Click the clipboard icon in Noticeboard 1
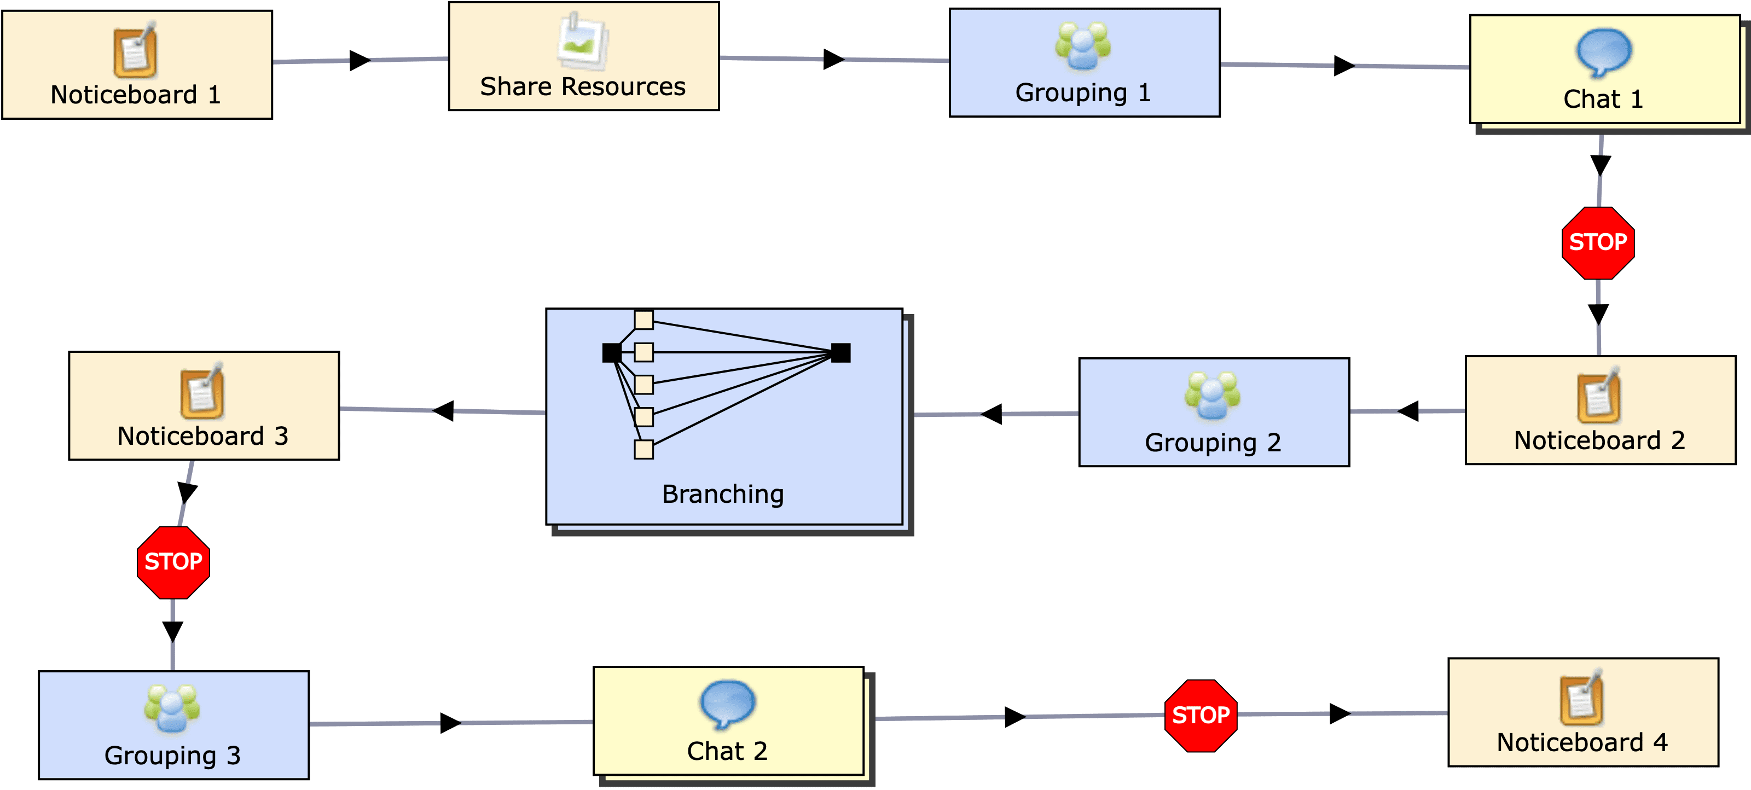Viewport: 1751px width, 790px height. (135, 51)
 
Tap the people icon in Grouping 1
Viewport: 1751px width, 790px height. (1083, 47)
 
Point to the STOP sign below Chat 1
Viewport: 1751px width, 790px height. (1598, 243)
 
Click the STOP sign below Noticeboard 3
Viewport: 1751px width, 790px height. (173, 562)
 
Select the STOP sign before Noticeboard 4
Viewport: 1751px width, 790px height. (1201, 715)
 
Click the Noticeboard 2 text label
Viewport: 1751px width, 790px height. (1599, 440)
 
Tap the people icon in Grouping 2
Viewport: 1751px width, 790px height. (1212, 396)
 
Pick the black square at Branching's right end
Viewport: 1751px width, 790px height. (841, 353)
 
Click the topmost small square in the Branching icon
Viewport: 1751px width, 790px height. (643, 320)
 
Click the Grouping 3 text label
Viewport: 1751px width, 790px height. (173, 756)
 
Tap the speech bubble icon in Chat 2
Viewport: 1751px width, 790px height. (727, 704)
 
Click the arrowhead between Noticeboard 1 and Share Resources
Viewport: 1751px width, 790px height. (360, 61)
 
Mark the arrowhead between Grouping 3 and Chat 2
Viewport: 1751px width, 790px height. (450, 723)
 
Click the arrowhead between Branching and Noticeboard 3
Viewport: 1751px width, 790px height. (443, 411)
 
